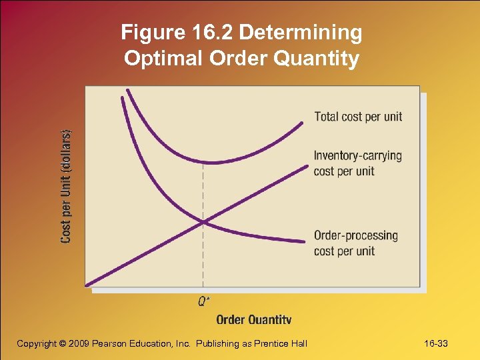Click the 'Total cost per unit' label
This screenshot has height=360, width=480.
tap(358, 117)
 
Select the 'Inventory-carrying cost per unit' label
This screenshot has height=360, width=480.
tap(357, 163)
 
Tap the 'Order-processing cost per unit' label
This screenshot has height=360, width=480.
tap(355, 243)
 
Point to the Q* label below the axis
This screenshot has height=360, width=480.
tap(204, 301)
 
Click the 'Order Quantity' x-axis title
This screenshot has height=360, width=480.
tap(253, 319)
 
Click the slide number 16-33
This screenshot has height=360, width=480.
tap(436, 343)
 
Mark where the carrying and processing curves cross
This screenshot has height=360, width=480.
tap(204, 221)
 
